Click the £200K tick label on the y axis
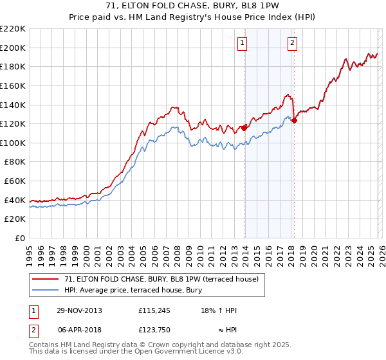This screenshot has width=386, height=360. pos(13,48)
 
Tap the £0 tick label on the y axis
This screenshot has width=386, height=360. pos(21,239)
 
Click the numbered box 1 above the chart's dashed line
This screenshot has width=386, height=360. pos(243,43)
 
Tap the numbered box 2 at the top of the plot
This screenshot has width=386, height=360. pos(292,43)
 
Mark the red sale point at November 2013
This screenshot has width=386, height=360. pos(244,128)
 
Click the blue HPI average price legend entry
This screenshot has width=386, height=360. pos(133,291)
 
